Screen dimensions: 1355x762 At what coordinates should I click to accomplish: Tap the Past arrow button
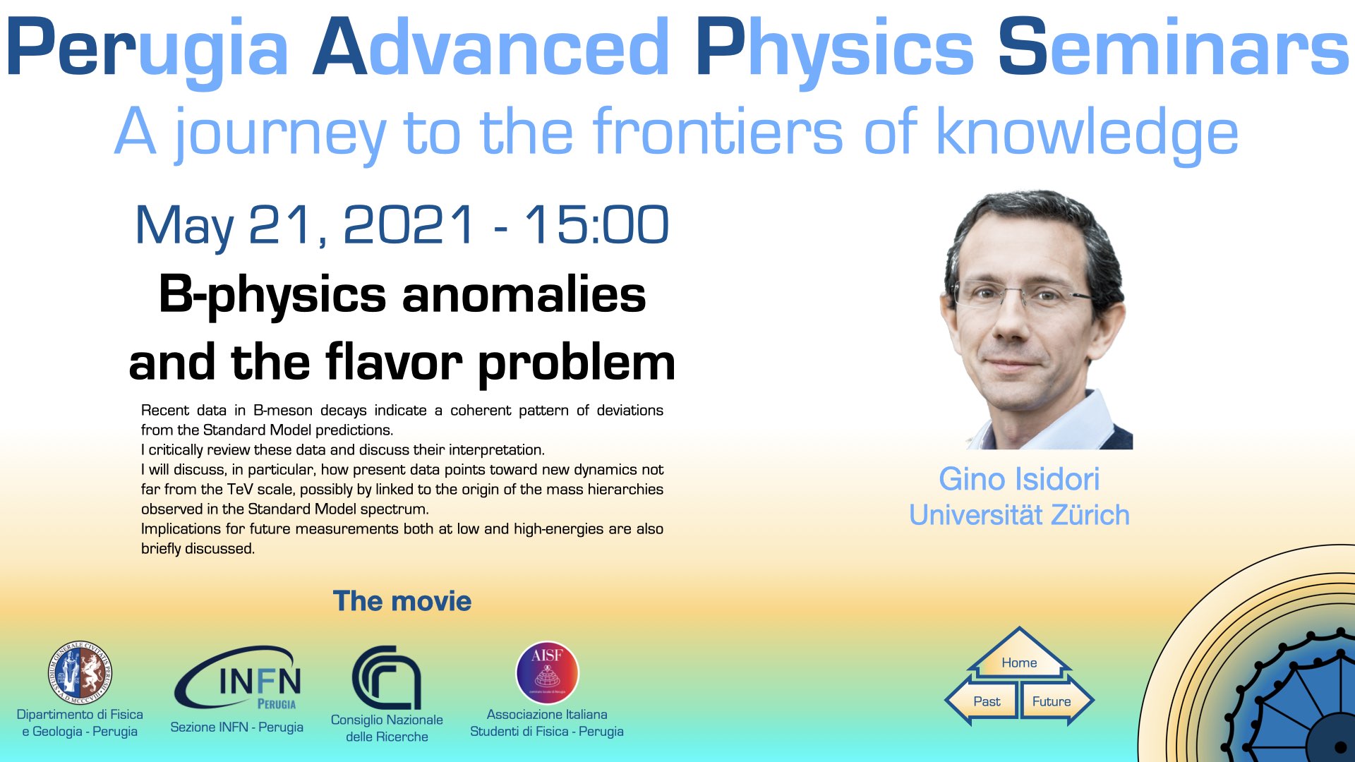982,701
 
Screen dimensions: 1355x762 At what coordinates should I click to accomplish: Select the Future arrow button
1056,701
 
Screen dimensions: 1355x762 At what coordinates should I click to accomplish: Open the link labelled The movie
402,601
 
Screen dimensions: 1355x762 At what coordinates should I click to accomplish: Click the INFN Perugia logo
239,678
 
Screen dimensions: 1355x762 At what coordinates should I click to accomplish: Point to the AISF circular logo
547,672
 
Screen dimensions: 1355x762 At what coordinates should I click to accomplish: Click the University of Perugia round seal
80,673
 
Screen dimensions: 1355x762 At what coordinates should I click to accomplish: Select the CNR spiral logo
386,677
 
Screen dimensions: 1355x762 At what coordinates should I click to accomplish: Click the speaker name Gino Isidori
1019,479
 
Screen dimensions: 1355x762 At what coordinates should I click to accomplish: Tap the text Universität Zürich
1019,515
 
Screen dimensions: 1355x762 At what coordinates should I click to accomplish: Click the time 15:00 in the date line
596,225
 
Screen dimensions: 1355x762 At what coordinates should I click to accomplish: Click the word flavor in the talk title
393,363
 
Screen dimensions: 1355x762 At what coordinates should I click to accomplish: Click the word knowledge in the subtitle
1088,133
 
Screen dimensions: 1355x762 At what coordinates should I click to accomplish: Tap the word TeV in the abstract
239,489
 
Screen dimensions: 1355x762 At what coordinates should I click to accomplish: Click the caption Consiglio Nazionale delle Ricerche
387,728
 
